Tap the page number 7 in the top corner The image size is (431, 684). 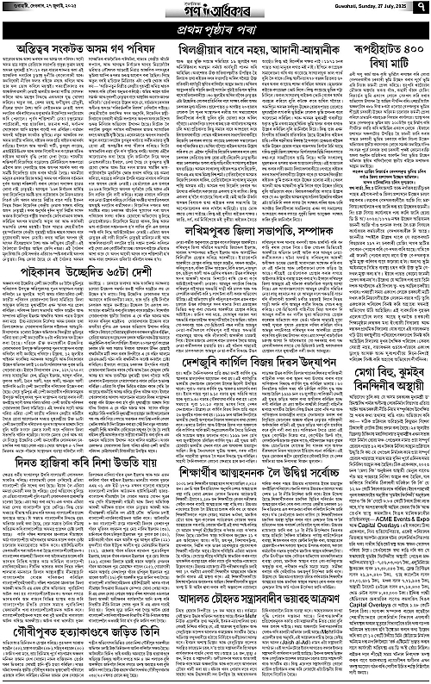[422, 10]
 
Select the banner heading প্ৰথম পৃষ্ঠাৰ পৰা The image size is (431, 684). [215, 31]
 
